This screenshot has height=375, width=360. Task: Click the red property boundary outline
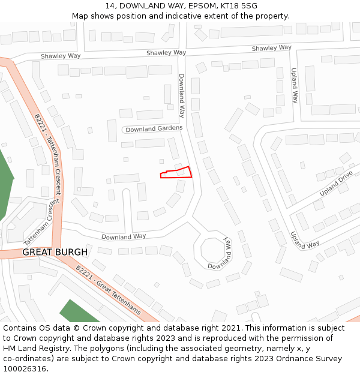pyautogui.click(x=176, y=173)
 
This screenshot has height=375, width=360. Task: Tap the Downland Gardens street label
pyautogui.click(x=154, y=129)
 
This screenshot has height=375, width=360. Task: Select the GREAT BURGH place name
pyautogui.click(x=55, y=252)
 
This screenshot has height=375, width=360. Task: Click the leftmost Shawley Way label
pyautogui.click(x=61, y=56)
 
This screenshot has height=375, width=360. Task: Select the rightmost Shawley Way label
pyautogui.click(x=271, y=48)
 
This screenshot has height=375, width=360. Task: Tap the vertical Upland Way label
pyautogui.click(x=295, y=85)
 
